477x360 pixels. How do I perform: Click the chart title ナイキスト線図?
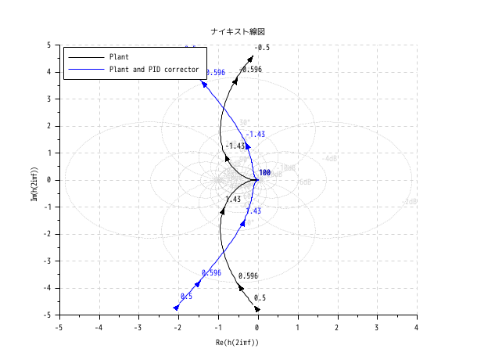[x=238, y=31]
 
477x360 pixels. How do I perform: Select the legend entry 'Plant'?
[x=120, y=57]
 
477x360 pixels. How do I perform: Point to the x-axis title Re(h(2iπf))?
[x=237, y=343]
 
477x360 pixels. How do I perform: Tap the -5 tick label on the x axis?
[x=59, y=327]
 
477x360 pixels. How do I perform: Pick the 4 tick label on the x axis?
[x=416, y=327]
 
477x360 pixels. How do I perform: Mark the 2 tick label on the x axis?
[x=337, y=327]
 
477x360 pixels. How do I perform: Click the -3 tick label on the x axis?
[x=138, y=327]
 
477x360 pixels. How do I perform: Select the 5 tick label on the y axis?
[x=50, y=45]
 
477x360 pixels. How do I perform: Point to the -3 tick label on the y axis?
[x=48, y=261]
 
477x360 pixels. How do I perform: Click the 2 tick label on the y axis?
[x=50, y=126]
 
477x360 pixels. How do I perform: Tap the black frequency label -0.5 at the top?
[x=262, y=48]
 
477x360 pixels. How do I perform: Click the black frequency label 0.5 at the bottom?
[x=260, y=298]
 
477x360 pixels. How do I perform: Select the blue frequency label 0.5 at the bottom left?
[x=186, y=297]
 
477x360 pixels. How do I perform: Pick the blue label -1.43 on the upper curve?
[x=255, y=135]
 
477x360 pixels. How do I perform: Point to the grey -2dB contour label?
[x=408, y=202]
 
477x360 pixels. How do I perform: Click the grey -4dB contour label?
[x=331, y=159]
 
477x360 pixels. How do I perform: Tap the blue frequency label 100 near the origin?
[x=264, y=173]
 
